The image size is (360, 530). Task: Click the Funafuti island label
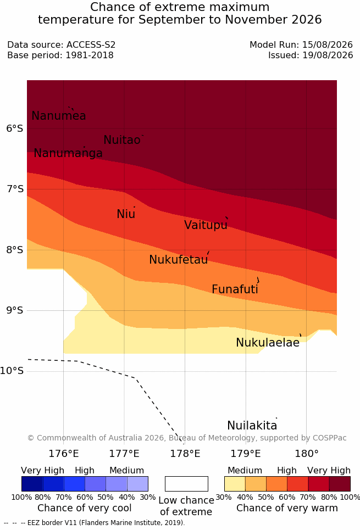pyautogui.click(x=235, y=289)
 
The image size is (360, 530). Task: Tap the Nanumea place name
pyautogui.click(x=58, y=116)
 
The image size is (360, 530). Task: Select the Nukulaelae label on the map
pyautogui.click(x=268, y=343)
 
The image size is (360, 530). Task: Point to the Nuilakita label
pyautogui.click(x=252, y=426)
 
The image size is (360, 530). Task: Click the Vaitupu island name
pyautogui.click(x=206, y=225)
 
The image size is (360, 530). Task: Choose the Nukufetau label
pyautogui.click(x=178, y=260)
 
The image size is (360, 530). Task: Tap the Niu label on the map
pyautogui.click(x=126, y=214)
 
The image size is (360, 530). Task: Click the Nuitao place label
pyautogui.click(x=122, y=140)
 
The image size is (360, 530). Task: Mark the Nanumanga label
pyautogui.click(x=68, y=153)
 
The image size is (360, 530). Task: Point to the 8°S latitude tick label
pyautogui.click(x=15, y=250)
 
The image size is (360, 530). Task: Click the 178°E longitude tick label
pyautogui.click(x=185, y=454)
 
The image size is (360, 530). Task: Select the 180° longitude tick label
pyautogui.click(x=307, y=454)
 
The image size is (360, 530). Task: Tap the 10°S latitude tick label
pyautogui.click(x=12, y=371)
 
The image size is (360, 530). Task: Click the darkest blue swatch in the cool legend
pyautogui.click(x=32, y=484)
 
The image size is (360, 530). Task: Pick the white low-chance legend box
pyautogui.click(x=186, y=484)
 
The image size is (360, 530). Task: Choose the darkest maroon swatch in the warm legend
pyautogui.click(x=340, y=484)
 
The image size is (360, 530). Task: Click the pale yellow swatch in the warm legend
pyautogui.click(x=235, y=484)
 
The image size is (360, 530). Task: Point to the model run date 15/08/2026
pyautogui.click(x=328, y=44)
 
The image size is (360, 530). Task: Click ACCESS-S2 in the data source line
pyautogui.click(x=91, y=44)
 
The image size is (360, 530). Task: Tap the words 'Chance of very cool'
pyautogui.click(x=85, y=508)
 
